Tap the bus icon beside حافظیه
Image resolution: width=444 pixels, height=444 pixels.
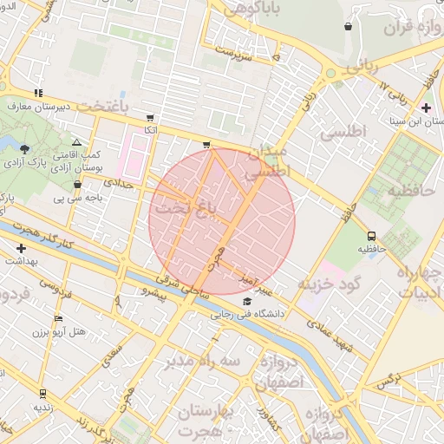(x=372, y=235)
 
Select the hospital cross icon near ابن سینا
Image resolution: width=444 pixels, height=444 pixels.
(x=425, y=108)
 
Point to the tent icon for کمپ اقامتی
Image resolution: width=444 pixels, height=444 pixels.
(x=77, y=142)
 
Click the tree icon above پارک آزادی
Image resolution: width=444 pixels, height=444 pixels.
(x=24, y=148)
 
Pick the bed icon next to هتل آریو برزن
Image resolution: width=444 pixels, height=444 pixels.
(x=58, y=318)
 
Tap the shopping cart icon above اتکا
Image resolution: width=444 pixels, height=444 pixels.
(x=151, y=117)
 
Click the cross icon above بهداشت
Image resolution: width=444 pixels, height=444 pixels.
(x=21, y=248)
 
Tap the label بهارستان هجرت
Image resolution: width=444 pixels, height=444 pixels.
(x=204, y=420)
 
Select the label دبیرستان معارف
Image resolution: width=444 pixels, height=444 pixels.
(x=37, y=106)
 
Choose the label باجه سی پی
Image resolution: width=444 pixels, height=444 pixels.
(x=78, y=198)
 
